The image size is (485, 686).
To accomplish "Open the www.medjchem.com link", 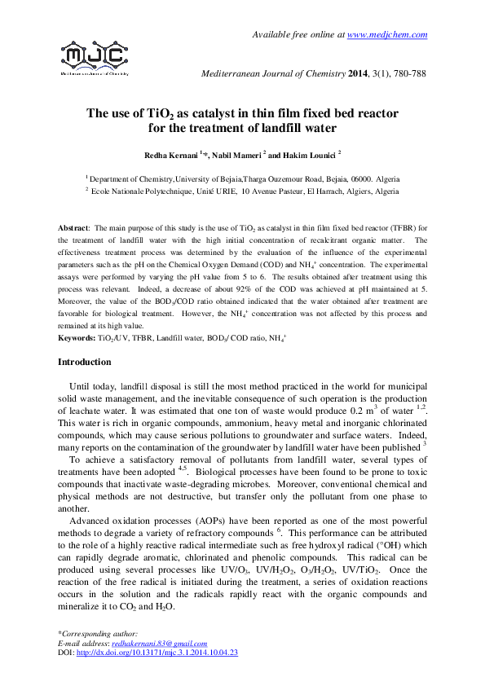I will pyautogui.click(x=388, y=34).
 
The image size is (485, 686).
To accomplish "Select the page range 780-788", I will pyautogui.click(x=408, y=74).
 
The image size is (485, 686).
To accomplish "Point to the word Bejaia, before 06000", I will pyautogui.click(x=323, y=178).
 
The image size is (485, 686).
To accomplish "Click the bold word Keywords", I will pyautogui.click(x=77, y=337).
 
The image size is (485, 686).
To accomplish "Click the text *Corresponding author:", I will pyautogui.click(x=98, y=634).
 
